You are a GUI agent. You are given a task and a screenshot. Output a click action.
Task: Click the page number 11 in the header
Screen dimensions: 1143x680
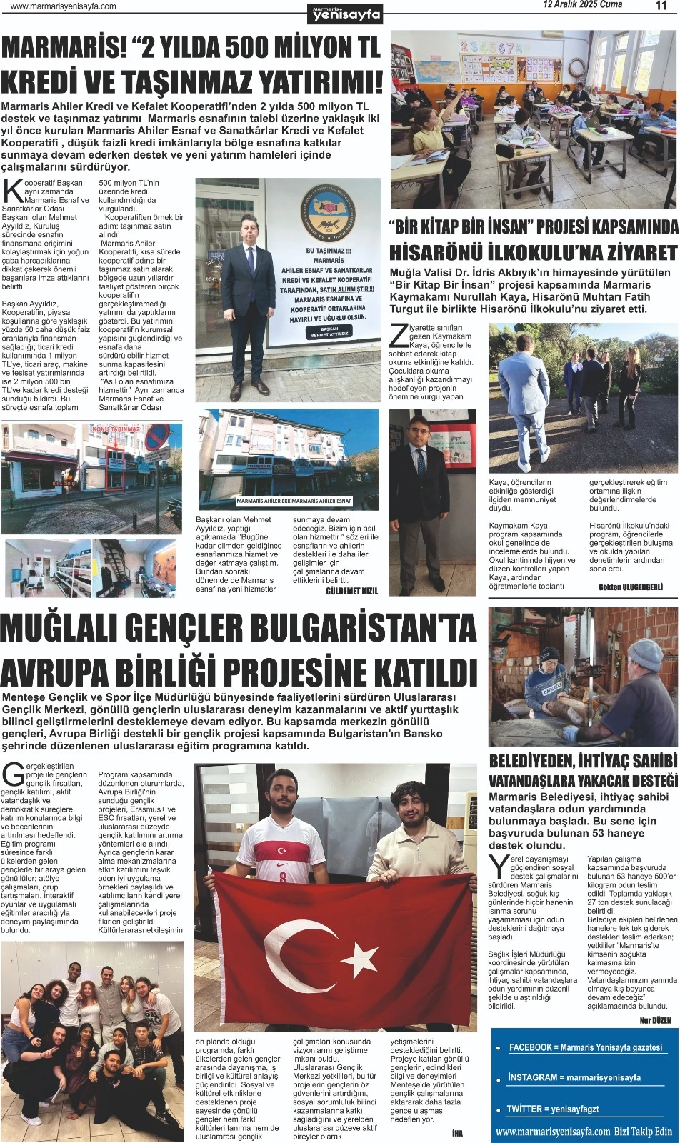click(661, 6)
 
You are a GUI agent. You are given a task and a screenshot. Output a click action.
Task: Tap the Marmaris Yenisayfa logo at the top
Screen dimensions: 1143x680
click(346, 13)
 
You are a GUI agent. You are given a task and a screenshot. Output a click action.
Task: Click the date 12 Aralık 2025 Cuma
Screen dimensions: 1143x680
click(582, 5)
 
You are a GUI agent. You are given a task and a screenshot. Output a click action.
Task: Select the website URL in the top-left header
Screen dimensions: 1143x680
click(64, 6)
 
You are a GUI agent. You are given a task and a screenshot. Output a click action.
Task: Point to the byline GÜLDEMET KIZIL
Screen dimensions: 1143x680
click(351, 591)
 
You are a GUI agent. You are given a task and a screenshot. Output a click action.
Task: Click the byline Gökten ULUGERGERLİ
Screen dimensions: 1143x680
click(631, 587)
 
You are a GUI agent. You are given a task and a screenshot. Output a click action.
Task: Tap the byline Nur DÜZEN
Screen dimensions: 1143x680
click(655, 1021)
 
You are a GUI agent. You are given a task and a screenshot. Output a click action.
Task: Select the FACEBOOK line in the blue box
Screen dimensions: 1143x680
click(585, 1047)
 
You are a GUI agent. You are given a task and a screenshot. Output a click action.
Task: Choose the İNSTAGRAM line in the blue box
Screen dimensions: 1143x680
click(574, 1077)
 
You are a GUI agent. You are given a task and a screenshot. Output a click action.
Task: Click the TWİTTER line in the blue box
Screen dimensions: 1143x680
click(552, 1109)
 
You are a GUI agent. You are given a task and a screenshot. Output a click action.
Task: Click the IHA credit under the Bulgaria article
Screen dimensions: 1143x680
click(457, 1133)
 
